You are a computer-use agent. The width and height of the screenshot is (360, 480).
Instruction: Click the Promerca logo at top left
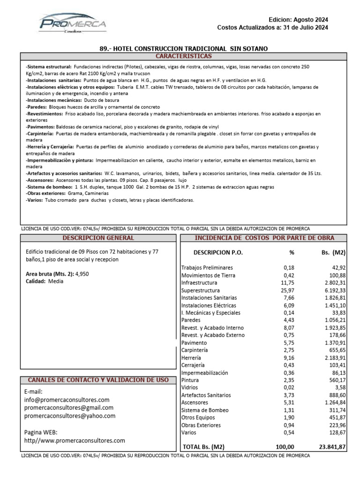(x=73, y=23)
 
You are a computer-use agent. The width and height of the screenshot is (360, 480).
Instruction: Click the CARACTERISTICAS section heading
(x=183, y=56)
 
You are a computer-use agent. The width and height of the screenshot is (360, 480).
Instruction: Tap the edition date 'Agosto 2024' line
(x=298, y=20)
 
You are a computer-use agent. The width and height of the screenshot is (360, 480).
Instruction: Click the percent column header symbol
(x=292, y=252)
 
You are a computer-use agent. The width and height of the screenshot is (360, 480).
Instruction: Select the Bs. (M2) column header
(x=331, y=252)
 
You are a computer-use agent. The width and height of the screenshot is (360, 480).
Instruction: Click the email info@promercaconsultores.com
(x=67, y=400)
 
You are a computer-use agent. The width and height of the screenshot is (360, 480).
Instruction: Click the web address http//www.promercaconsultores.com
(x=75, y=440)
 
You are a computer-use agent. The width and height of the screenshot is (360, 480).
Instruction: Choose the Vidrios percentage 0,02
(x=289, y=387)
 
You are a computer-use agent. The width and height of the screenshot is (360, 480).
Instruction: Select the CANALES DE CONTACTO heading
(x=98, y=379)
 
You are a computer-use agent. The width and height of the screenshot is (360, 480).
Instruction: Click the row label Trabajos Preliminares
(x=207, y=267)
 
